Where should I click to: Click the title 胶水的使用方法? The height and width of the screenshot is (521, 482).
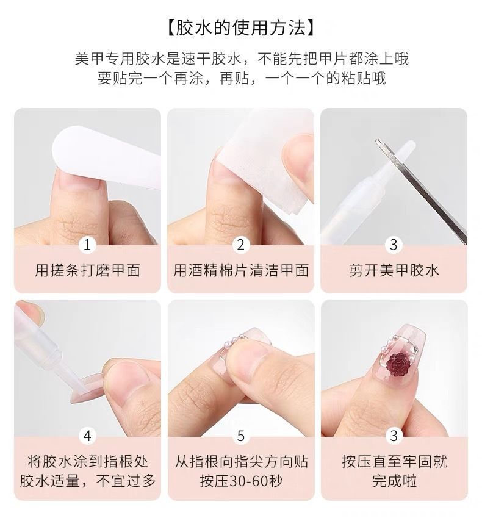240,27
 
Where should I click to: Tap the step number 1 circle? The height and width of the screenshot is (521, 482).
87,245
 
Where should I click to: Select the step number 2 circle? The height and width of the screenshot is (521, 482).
240,245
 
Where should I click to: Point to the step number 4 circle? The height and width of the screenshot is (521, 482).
87,436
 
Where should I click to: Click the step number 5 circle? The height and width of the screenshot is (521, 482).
240,436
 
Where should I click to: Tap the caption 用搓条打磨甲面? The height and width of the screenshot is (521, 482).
87,270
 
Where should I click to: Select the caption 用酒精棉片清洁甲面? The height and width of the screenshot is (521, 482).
240,270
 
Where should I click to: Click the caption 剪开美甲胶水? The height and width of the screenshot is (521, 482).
394,270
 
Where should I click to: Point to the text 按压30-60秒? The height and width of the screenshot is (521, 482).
240,481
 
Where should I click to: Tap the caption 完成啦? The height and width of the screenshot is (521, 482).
394,481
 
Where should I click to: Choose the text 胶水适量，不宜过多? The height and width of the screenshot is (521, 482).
87,481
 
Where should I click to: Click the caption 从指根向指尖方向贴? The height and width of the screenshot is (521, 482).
240,462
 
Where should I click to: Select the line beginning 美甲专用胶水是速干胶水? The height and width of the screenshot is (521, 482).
242,59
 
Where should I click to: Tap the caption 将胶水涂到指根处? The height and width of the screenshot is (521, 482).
87,462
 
